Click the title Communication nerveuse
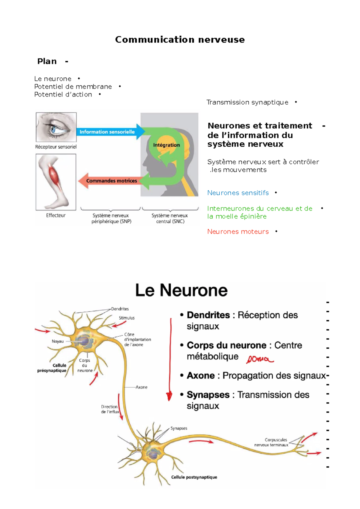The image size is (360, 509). tap(180, 40)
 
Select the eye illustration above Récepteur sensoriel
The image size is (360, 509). tap(56, 127)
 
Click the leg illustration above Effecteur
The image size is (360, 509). tap(56, 182)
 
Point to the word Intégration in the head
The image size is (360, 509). tap(166, 145)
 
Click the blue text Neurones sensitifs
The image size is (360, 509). tap(238, 193)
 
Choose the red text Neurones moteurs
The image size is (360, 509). tap(238, 231)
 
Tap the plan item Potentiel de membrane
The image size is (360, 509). tap(73, 87)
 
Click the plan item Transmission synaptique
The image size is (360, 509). tap(247, 102)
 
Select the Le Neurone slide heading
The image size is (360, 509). tap(181, 290)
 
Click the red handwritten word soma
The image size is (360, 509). tap(259, 359)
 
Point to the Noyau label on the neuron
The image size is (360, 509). tap(58, 341)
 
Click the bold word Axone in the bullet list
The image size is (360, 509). tap(201, 376)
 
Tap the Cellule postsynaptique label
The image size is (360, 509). tap(194, 477)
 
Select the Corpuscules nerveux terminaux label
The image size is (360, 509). tap(271, 442)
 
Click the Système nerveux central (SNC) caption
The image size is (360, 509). tap(170, 218)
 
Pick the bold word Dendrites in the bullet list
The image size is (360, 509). tap(208, 315)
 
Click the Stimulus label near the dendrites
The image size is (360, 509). tap(127, 318)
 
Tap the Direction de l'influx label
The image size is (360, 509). tap(110, 409)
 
